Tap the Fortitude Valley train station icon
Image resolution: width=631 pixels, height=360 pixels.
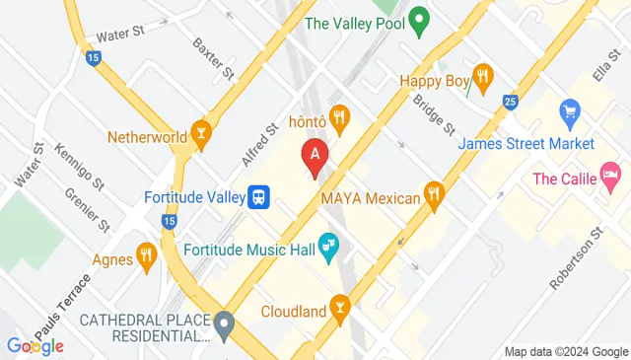259,197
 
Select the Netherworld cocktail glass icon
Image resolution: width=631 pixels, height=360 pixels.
202,135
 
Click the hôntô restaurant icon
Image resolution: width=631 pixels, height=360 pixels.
340,119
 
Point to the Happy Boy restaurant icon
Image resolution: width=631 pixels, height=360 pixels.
482,77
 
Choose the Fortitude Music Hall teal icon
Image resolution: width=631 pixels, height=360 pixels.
328,250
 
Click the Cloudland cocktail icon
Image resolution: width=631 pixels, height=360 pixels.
340,312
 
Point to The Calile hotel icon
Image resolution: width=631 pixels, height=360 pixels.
610,178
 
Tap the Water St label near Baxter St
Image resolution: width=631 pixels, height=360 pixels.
121,33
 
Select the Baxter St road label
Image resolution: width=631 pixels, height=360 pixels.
213,58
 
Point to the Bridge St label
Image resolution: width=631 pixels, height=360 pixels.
433,114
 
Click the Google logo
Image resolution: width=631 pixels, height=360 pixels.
35,345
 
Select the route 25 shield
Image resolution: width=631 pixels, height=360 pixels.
509,102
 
